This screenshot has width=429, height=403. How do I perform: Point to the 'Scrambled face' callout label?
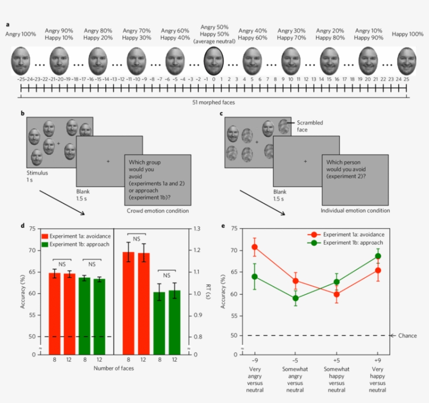pos(310,126)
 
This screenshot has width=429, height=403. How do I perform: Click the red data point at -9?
pos(255,247)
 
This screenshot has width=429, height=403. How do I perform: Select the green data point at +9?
pos(377,256)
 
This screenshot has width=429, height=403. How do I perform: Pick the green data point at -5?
pos(296,298)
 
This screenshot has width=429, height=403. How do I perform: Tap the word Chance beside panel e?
pos(408,336)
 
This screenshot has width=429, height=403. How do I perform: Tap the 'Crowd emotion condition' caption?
pos(157,211)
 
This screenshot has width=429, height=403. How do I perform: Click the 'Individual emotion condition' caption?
pos(355,211)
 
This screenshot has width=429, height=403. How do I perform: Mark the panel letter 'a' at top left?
pos(7,24)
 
